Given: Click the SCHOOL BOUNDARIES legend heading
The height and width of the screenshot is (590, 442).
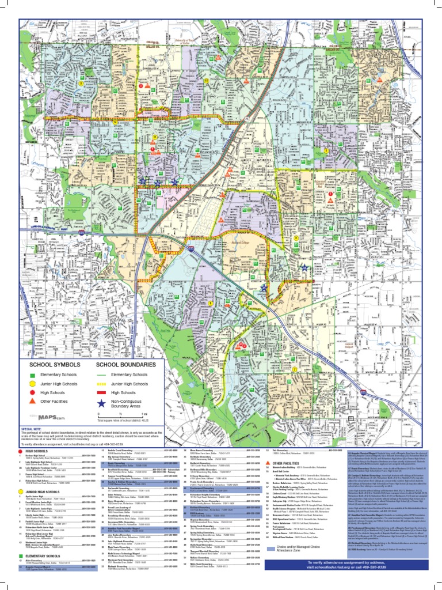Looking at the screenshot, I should (x=125, y=365).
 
